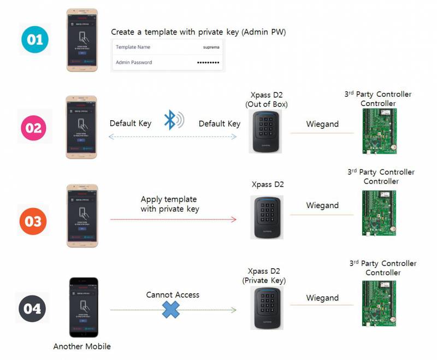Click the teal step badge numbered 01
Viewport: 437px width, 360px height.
coord(34,39)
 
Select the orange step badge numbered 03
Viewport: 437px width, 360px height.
coord(34,221)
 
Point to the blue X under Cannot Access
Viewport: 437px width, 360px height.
coord(172,310)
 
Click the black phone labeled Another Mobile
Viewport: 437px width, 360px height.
coord(83,308)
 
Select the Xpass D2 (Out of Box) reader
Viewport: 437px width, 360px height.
coord(267,131)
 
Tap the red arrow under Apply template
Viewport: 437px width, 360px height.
coord(173,220)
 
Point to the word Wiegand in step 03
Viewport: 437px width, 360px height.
coord(322,205)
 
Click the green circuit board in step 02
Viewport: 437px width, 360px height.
coord(379,131)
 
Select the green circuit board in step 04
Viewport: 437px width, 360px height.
coord(379,304)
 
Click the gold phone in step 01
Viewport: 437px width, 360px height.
coord(82,40)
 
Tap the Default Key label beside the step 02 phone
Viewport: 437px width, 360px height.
coord(131,123)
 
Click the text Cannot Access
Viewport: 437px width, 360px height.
coord(173,295)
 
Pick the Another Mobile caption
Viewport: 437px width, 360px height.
coord(82,346)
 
